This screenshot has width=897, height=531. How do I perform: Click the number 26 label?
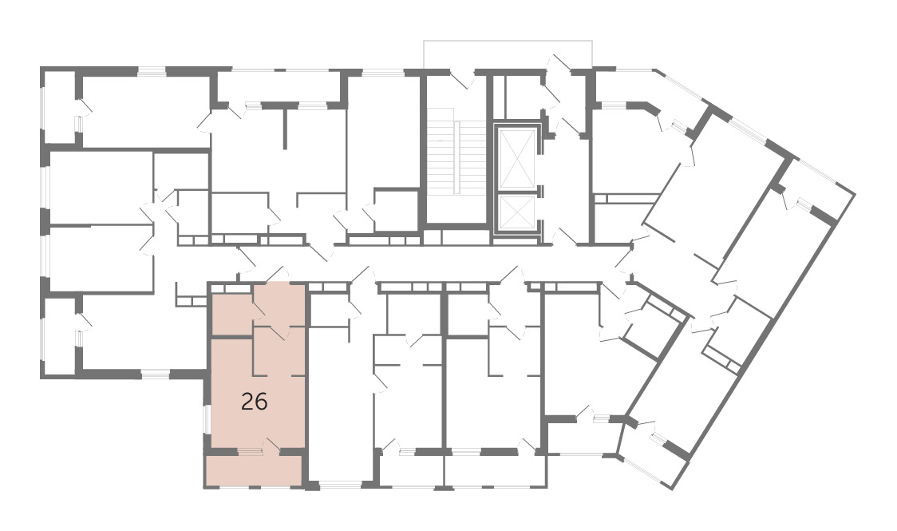[x=254, y=402]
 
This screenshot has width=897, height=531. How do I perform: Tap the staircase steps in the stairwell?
[x=456, y=157]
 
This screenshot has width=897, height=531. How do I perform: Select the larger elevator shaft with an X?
[x=517, y=158]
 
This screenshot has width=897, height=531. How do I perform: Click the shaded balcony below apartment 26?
[x=254, y=470]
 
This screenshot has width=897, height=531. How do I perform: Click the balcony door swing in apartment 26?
[x=271, y=444]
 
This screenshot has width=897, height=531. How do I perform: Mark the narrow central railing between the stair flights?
[x=457, y=157]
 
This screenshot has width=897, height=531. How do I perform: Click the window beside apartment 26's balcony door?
[x=250, y=452]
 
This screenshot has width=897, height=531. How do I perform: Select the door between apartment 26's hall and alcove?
[x=279, y=332]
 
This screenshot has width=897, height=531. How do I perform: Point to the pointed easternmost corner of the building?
[x=855, y=195]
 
